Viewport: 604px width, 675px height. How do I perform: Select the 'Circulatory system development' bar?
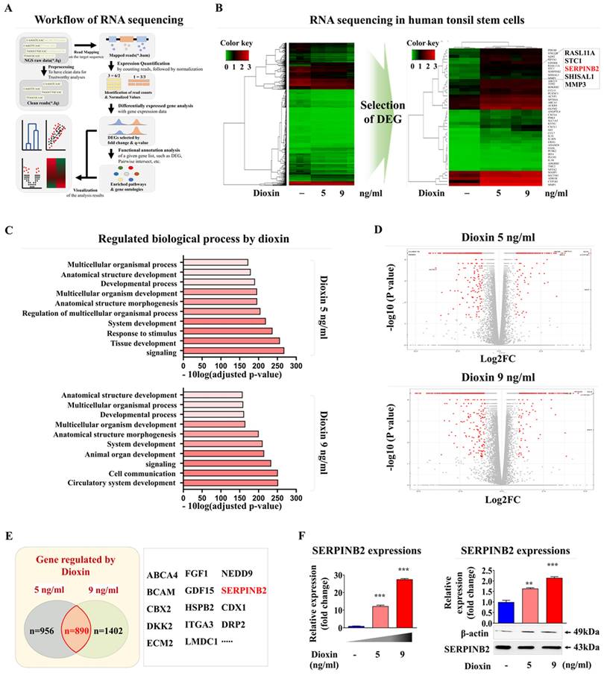230,483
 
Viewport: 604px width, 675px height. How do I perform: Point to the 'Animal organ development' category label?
128,452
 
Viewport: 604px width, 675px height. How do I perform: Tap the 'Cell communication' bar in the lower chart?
230,473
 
